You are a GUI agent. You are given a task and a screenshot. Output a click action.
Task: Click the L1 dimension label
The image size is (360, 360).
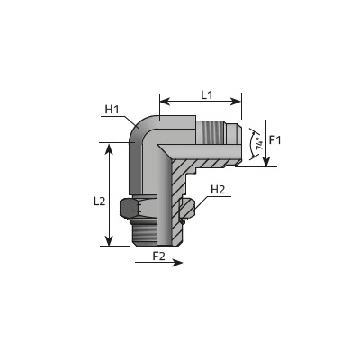(x=207, y=95)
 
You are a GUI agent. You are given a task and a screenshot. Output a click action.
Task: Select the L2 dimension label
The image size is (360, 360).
(x=99, y=201)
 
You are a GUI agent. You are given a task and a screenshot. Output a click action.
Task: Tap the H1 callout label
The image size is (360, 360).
(x=112, y=110)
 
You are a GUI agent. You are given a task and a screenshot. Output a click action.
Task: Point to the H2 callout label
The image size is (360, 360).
(x=218, y=190)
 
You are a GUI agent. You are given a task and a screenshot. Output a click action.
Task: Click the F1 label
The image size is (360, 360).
(x=274, y=139)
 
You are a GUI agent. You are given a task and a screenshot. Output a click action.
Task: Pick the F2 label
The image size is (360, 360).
(x=159, y=256)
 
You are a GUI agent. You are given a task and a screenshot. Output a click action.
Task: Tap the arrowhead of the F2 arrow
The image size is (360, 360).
(x=178, y=263)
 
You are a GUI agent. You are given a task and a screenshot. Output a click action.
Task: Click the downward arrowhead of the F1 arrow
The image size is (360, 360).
(x=266, y=162)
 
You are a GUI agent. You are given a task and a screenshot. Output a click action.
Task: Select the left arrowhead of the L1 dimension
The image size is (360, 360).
(x=165, y=102)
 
